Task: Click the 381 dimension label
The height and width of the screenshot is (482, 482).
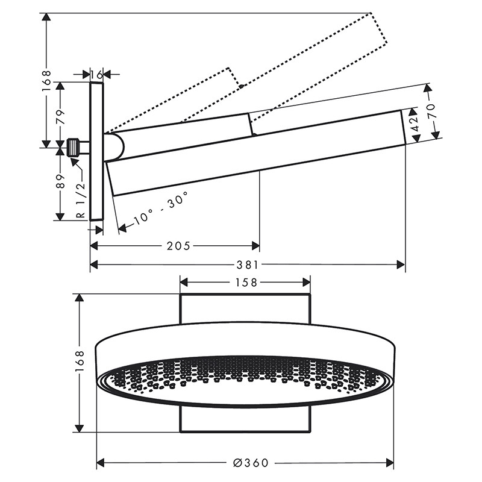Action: pos(248,264)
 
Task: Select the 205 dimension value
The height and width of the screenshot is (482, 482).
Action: pos(178,246)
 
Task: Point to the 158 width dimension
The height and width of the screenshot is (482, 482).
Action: pos(246,282)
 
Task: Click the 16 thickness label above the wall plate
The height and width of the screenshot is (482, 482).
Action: pos(96,74)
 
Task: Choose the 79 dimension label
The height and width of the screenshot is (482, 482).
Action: pos(61,116)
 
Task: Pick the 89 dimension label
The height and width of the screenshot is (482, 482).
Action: pos(61,181)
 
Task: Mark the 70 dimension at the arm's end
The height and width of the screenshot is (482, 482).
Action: pos(431,111)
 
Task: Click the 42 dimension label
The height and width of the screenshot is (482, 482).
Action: pos(415,124)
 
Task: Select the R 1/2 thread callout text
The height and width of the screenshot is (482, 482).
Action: pos(81,200)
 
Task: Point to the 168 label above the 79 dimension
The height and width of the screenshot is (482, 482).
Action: pos(46,81)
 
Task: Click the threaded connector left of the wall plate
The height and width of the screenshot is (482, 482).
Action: pos(74,148)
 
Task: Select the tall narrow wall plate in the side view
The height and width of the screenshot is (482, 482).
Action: pos(97,151)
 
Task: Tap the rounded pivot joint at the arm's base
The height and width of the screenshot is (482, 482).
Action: pos(114,148)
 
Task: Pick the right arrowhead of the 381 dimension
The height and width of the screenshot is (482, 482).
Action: pos(401,264)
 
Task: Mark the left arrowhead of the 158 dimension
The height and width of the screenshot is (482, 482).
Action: pos(184,282)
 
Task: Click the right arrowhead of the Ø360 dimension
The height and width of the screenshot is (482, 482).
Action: pos(390,462)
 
